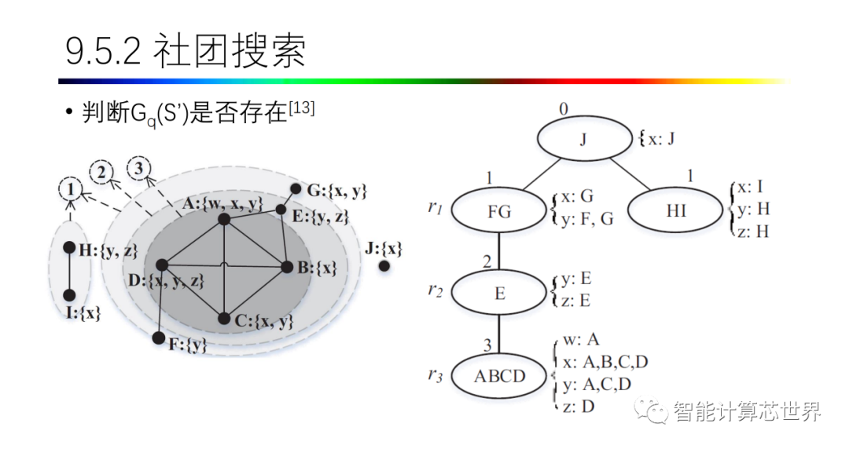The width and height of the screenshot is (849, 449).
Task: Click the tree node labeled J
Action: [583, 141]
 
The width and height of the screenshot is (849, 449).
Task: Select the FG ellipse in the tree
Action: [499, 211]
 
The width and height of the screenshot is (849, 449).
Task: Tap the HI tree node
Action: [675, 211]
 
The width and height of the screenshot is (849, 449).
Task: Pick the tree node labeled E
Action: [499, 293]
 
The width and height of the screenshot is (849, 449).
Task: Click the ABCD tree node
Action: [499, 376]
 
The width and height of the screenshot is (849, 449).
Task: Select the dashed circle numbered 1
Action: [71, 189]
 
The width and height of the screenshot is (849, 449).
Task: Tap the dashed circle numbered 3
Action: [139, 166]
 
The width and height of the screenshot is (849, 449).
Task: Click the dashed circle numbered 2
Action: [101, 171]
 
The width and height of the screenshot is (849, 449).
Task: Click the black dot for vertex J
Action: [384, 266]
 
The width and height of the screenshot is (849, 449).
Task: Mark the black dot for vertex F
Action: [159, 338]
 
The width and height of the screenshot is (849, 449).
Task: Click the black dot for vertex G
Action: [296, 189]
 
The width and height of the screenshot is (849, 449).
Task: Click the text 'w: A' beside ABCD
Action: [582, 340]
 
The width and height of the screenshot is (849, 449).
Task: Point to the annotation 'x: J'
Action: [658, 141]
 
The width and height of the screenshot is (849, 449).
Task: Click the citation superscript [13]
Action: [302, 108]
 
